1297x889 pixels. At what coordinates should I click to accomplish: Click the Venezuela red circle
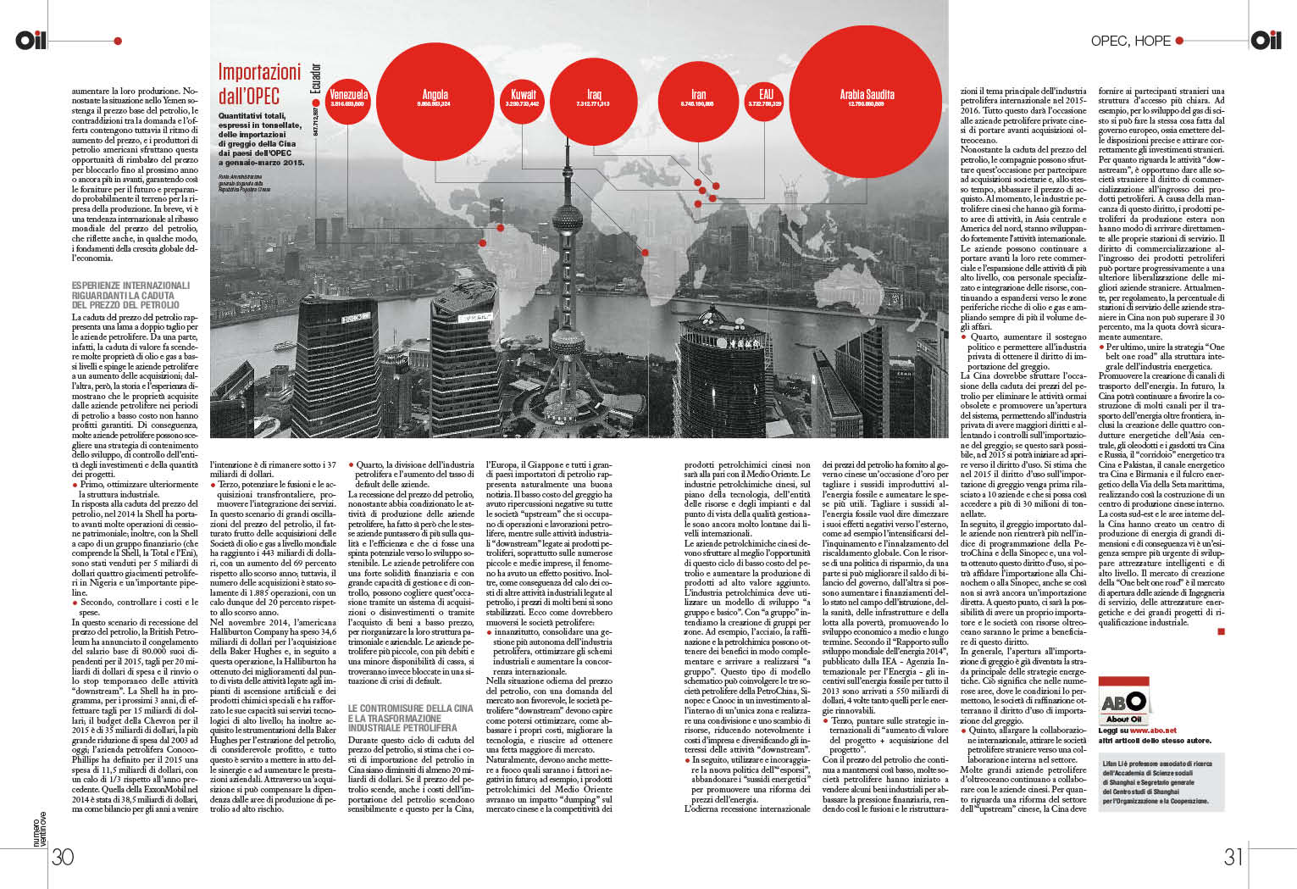[348, 99]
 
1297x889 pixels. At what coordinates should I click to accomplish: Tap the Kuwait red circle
[523, 99]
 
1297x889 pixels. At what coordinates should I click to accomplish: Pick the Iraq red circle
[593, 99]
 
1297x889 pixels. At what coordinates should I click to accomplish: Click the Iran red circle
[697, 99]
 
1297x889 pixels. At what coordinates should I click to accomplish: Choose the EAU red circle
[765, 99]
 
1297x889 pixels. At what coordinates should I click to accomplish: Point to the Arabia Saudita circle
[866, 99]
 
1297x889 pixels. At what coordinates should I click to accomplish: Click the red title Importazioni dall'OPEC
[259, 83]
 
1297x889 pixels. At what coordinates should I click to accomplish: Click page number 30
[63, 857]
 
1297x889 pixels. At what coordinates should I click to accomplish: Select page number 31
[1233, 857]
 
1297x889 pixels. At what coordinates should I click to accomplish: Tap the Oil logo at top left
[31, 40]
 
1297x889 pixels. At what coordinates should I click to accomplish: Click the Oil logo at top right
[1266, 40]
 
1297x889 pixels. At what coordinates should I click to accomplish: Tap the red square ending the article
[1221, 631]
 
